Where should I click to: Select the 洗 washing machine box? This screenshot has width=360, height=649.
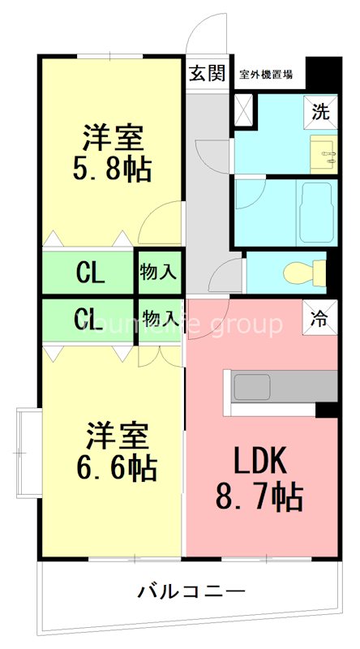(321, 113)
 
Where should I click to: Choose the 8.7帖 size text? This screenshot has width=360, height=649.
(260, 494)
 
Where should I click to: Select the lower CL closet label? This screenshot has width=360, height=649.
(89, 319)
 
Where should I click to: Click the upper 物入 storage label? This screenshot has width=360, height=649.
(159, 273)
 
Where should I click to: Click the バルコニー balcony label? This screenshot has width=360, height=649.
(190, 591)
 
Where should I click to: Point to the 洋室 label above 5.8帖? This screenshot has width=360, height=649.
(113, 136)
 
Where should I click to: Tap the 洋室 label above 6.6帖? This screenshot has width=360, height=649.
(118, 436)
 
